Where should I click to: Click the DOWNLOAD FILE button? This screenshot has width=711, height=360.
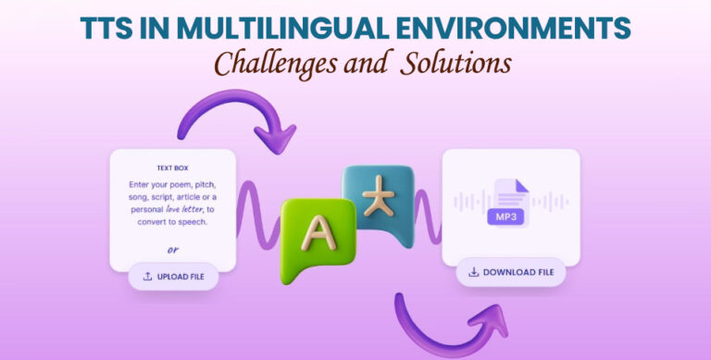coord(510,272)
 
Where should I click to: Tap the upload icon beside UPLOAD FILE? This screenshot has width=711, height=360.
coord(148,276)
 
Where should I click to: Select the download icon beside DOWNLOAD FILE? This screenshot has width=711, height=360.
coord(474,272)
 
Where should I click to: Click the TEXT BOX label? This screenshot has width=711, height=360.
coord(172,168)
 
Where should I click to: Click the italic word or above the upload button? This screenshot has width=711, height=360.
coord(172,249)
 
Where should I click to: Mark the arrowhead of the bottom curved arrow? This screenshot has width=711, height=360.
coord(491,323)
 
